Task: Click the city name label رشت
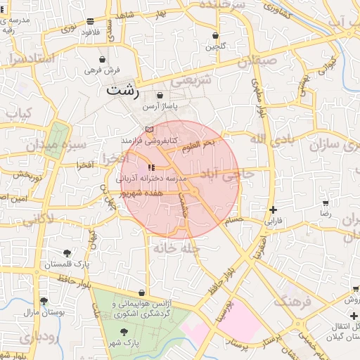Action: tap(123, 91)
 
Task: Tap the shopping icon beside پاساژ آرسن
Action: tap(160, 96)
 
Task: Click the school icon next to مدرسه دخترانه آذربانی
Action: tap(151, 167)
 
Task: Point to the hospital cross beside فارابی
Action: tap(273, 210)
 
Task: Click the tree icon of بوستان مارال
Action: tap(44, 301)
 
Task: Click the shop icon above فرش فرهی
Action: tap(103, 60)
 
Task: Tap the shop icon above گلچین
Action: tap(214, 36)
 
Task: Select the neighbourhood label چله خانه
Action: tap(181, 249)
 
